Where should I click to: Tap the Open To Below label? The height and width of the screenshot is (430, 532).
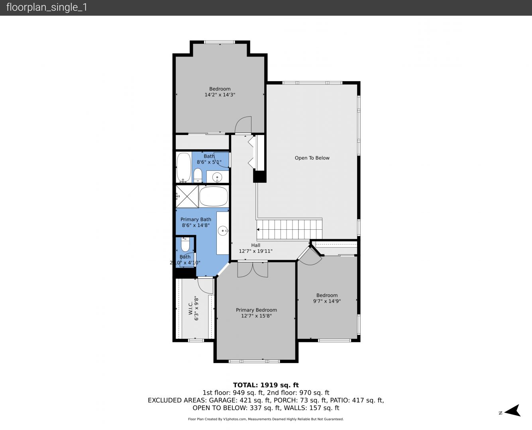pos(312,158)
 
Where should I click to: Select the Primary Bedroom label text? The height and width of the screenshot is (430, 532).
pos(256,310)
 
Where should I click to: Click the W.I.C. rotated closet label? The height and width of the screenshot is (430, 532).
pos(190,308)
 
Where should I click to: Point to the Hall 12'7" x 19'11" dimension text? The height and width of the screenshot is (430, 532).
pos(255,251)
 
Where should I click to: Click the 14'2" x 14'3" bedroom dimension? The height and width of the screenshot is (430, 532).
pos(220,95)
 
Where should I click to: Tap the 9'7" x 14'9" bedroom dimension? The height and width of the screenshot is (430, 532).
pos(327,301)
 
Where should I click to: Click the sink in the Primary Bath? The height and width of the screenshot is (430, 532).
pos(223,231)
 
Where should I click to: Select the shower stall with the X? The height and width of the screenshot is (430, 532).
pos(187,196)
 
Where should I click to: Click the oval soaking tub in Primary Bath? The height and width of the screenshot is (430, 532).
pos(214,196)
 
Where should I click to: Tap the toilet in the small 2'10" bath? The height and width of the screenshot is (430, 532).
pos(185,244)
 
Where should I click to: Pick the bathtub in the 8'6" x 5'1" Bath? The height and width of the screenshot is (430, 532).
pos(184,168)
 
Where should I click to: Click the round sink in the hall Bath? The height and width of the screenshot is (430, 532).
pos(217,178)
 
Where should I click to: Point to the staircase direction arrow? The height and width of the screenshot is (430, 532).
pos(258,230)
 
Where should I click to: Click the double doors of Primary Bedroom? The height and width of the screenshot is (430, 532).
pos(253,269)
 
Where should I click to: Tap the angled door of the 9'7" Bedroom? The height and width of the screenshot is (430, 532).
pos(310,256)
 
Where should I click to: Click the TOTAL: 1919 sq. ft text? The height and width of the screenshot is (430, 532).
pos(266,385)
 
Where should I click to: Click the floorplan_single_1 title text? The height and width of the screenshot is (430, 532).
pos(47,8)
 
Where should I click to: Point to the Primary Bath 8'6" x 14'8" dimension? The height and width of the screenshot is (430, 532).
pos(196,225)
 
